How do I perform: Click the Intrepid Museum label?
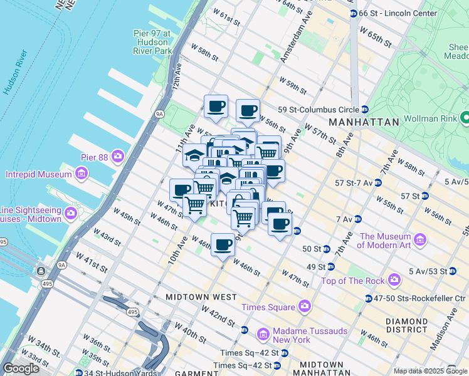[39, 174]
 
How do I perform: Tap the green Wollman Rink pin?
[465, 117]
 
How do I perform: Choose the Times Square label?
[268, 307]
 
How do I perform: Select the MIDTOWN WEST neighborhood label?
[201, 296]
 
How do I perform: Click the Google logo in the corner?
[21, 368]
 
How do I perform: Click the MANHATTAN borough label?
[364, 122]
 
